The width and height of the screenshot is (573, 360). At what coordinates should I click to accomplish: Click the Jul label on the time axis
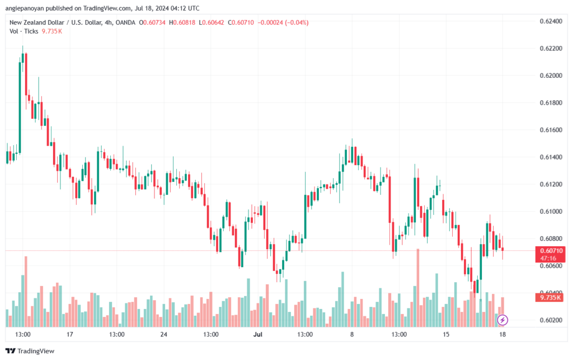tap(258, 334)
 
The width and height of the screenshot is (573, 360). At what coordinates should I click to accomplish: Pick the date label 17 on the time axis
tap(70, 334)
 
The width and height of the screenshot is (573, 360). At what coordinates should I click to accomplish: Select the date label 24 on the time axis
tap(164, 334)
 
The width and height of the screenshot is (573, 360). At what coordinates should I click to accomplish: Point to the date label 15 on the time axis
tap(446, 334)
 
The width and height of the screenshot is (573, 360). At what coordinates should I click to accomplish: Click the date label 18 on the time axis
tap(502, 334)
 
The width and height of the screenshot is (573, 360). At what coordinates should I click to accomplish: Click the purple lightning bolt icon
tap(502, 320)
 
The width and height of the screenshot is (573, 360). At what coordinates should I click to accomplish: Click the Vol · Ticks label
tap(24, 31)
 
